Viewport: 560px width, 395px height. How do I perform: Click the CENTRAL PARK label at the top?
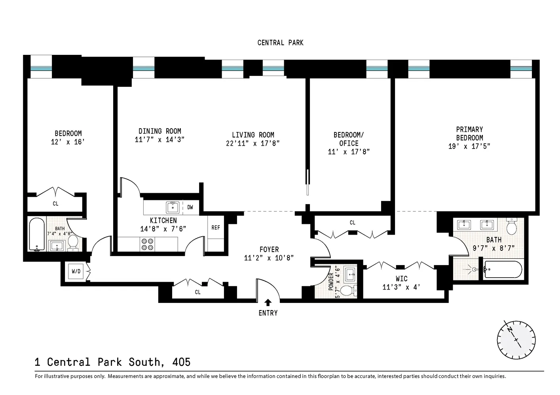coord(280,43)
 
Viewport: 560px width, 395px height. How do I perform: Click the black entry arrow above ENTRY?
coord(268,303)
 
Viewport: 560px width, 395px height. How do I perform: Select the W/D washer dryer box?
coord(76,271)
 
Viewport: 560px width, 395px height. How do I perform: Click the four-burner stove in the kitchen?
coord(148,245)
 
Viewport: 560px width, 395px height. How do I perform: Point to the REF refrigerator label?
coord(216,228)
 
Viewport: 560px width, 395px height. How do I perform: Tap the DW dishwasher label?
coord(190,207)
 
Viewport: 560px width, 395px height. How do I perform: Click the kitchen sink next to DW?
coord(173,207)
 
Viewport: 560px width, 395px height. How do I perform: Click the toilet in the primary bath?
coord(512,226)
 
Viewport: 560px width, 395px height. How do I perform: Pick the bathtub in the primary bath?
coord(502,270)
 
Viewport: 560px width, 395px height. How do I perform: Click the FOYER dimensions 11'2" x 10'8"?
coord(269,258)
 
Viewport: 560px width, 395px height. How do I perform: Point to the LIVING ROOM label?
coord(253,135)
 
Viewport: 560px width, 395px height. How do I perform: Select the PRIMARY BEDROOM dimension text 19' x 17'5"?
coord(469,146)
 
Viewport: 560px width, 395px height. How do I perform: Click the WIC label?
coord(401,278)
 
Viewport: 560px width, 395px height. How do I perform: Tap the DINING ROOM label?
coord(159,131)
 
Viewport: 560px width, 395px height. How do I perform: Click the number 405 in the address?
coord(181,362)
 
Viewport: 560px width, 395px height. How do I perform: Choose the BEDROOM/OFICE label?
coord(349,139)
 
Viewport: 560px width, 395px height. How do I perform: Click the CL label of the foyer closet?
coord(197,292)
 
